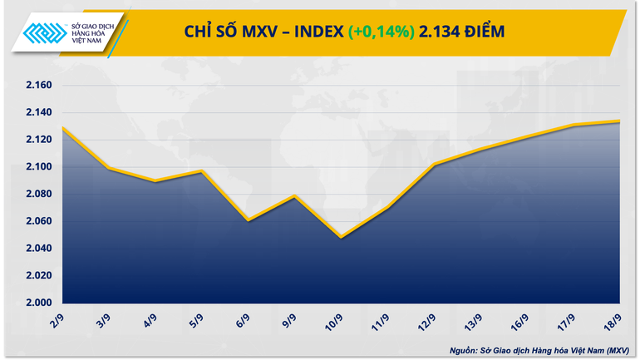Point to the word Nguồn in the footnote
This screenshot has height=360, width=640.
point(465,349)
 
